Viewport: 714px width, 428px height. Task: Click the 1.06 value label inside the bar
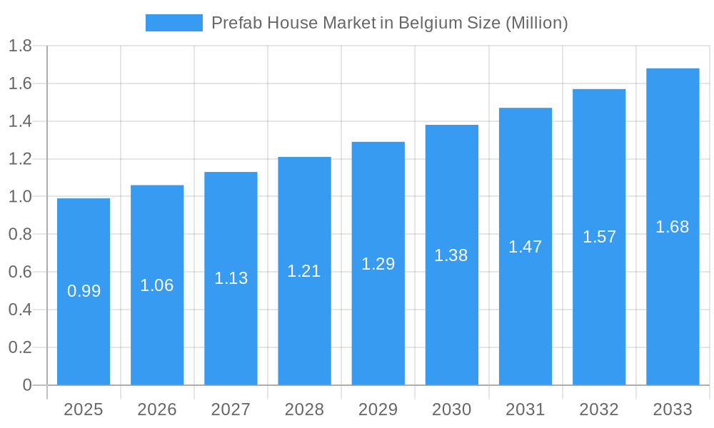coord(157,285)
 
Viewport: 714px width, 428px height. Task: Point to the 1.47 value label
coord(526,247)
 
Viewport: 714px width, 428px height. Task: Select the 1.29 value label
coord(378,264)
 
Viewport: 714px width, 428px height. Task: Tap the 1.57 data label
coord(599,237)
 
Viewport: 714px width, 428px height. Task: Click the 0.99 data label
coord(84,291)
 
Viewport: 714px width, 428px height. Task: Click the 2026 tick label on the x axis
coord(157,409)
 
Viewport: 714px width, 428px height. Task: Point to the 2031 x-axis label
coord(526,409)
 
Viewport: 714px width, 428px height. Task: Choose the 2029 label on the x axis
coord(378,409)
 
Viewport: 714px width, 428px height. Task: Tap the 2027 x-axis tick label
coord(231,409)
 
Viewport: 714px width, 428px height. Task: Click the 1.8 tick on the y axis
coord(20,46)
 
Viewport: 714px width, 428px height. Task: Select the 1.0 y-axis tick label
coord(20,197)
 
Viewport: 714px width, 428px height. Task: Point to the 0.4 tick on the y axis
coord(20,310)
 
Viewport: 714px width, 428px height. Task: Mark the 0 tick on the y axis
coord(27,385)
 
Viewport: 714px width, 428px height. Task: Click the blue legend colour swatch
coord(174,23)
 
